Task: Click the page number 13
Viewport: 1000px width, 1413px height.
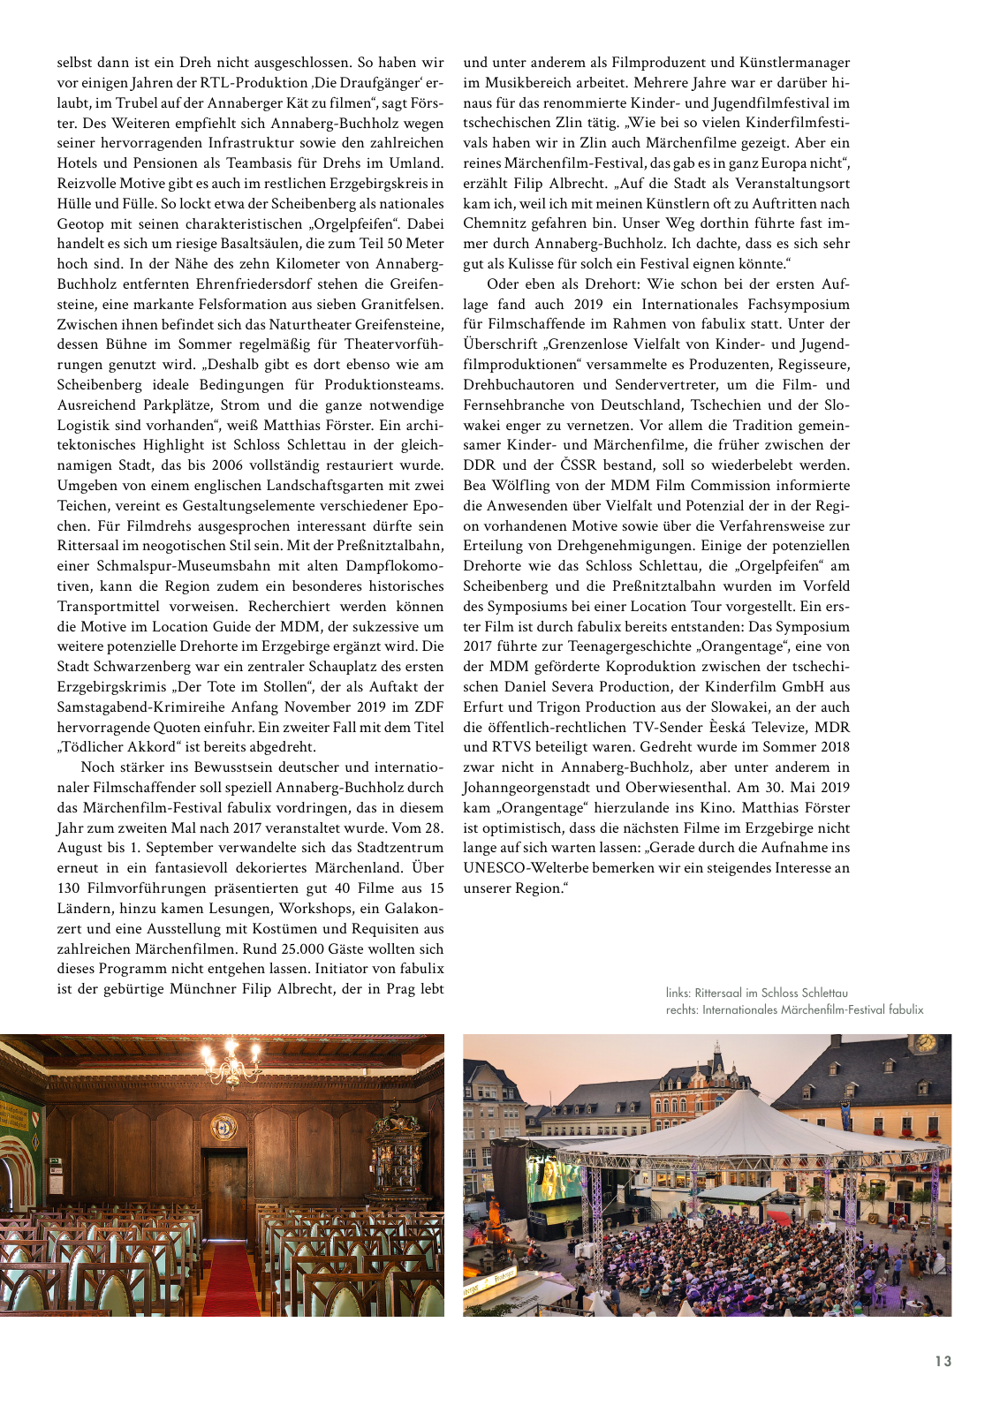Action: [x=943, y=1361]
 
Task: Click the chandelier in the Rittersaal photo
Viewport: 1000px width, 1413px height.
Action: [x=231, y=1062]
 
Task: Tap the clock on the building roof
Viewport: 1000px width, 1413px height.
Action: [x=926, y=1043]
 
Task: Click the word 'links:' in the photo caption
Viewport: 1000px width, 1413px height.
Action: [x=678, y=993]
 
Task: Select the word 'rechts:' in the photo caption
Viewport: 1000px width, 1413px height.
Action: [x=682, y=1009]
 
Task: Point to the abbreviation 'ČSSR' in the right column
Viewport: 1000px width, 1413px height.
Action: [x=578, y=465]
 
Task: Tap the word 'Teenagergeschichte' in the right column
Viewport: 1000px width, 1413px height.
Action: [x=617, y=646]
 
